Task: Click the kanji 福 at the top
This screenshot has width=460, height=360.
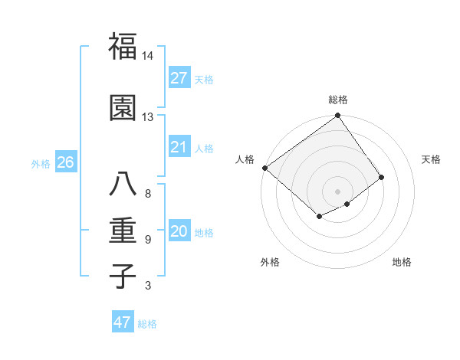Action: [123, 47]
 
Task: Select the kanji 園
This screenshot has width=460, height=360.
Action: [123, 110]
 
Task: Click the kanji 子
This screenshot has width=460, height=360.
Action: [123, 276]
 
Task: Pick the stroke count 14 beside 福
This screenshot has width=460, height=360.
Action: [147, 56]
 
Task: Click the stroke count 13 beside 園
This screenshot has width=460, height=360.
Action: [147, 117]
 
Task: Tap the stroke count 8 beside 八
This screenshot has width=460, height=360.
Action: [147, 193]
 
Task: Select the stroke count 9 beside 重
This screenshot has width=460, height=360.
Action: [147, 240]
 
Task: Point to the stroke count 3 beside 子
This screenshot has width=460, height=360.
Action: [147, 286]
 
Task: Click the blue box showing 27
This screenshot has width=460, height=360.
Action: [179, 78]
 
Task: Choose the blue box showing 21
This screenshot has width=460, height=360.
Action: [179, 147]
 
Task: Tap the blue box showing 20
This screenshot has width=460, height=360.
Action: [179, 232]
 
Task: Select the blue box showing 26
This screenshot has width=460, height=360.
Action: [65, 162]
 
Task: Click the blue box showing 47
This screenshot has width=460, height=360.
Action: [123, 322]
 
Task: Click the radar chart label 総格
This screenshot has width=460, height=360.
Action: [338, 100]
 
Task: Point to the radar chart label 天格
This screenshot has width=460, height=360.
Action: [431, 159]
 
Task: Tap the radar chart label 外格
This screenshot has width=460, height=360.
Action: [270, 262]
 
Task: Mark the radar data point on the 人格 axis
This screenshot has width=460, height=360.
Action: [264, 168]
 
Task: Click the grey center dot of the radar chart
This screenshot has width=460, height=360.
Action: [337, 190]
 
